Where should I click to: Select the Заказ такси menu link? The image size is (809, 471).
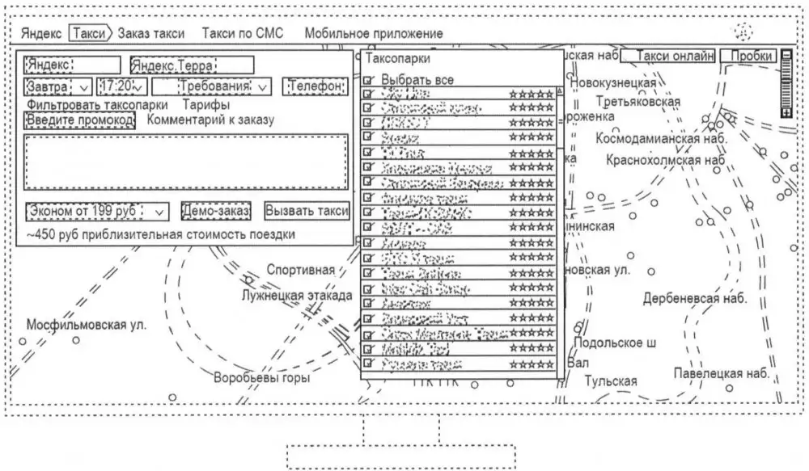click(x=151, y=33)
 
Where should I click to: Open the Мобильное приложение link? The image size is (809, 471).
click(x=374, y=33)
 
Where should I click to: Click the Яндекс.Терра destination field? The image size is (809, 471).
click(x=192, y=65)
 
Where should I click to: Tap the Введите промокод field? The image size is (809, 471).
click(x=80, y=120)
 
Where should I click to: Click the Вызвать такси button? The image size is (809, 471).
click(x=307, y=210)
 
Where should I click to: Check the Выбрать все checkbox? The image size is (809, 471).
click(x=370, y=81)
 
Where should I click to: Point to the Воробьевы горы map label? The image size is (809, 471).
click(x=261, y=377)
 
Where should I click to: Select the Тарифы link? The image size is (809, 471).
click(x=205, y=104)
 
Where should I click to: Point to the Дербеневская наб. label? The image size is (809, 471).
click(x=695, y=298)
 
